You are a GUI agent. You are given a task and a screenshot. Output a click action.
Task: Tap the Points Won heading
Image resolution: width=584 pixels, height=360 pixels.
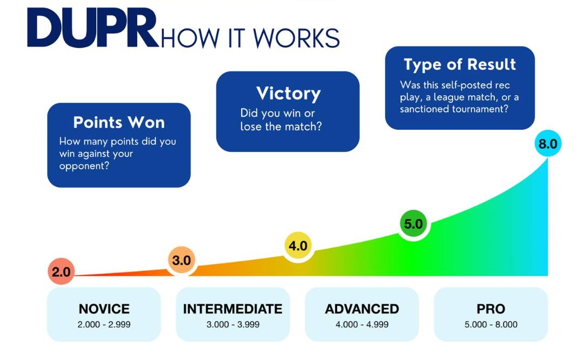(119, 122)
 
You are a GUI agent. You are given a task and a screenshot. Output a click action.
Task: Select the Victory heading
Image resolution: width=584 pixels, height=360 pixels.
(288, 93)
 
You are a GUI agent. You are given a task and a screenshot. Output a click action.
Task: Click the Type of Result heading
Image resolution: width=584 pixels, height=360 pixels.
(460, 64)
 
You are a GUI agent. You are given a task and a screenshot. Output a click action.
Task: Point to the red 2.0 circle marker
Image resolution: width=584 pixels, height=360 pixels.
(61, 272)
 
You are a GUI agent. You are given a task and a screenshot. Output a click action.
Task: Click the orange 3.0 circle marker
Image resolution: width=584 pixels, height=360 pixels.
(181, 260)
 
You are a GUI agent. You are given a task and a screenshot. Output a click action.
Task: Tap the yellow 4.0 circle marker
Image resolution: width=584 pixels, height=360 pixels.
(297, 246)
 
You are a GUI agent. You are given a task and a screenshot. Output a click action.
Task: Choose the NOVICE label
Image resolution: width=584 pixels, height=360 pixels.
(104, 309)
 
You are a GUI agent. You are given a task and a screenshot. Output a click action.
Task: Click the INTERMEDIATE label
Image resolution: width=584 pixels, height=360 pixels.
(233, 309)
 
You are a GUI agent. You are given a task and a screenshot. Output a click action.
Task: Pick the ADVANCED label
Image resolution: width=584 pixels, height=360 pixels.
(362, 309)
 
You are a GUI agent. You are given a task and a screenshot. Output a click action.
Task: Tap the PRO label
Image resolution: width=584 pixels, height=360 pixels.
(490, 309)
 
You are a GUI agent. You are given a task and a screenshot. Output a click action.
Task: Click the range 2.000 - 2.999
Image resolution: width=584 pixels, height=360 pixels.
(104, 324)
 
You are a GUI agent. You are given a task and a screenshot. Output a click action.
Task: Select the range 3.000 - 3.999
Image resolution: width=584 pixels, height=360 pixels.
(233, 324)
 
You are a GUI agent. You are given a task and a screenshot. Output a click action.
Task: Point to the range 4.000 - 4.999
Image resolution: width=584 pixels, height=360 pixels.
(362, 324)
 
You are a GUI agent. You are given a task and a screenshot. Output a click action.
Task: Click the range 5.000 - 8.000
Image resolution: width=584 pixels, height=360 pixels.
(490, 324)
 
